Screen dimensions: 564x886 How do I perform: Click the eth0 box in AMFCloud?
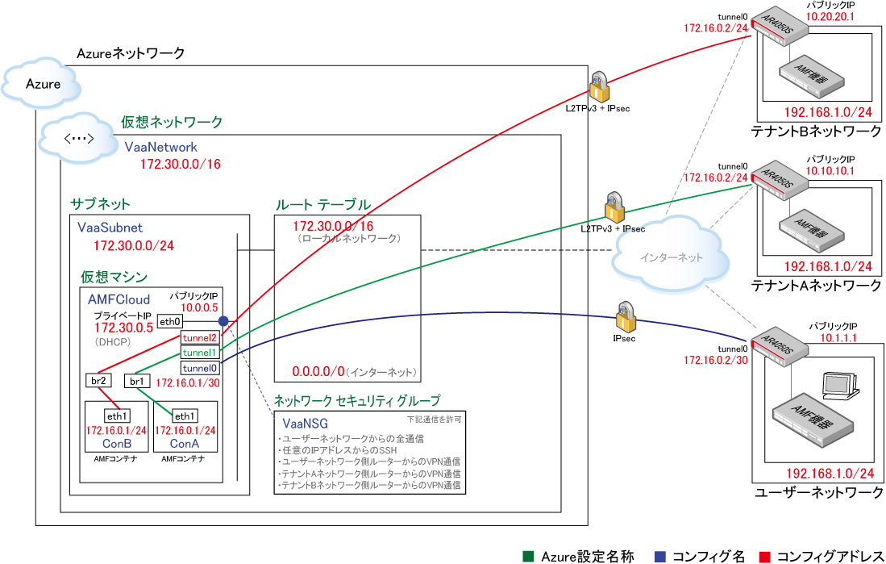[169, 321]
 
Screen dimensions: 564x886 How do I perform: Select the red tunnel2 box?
[199, 337]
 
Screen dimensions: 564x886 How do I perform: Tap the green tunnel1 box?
[199, 353]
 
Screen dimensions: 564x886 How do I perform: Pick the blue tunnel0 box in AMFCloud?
[199, 368]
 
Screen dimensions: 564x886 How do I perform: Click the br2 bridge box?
[98, 380]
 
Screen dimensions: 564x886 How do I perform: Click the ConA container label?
[184, 444]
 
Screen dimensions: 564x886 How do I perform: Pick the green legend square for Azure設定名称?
[528, 556]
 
